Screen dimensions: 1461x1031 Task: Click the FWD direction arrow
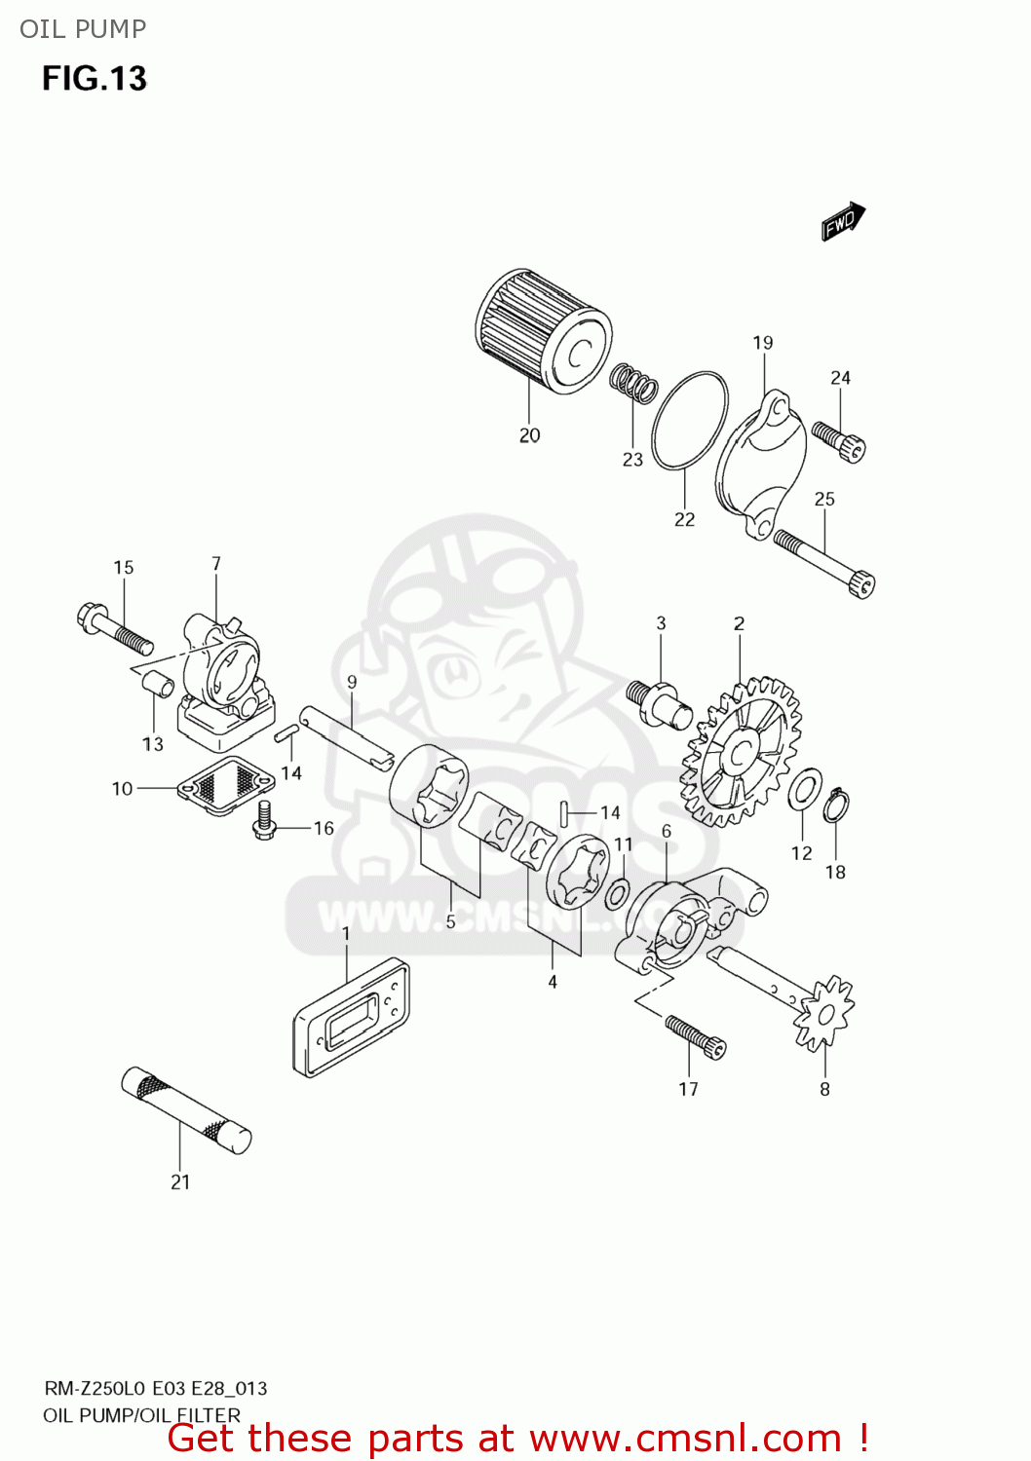point(843,221)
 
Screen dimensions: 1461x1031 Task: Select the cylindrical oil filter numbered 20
point(542,331)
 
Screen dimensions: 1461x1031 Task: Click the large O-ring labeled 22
point(689,420)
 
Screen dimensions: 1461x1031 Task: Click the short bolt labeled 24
point(840,440)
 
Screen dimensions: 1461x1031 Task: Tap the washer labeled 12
point(804,789)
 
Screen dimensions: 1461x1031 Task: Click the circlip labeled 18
point(835,805)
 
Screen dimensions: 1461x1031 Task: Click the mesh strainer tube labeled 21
point(186,1110)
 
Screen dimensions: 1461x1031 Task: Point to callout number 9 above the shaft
point(352,682)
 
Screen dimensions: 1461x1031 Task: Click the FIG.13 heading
point(95,78)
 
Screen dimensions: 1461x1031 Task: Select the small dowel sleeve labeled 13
point(159,685)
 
